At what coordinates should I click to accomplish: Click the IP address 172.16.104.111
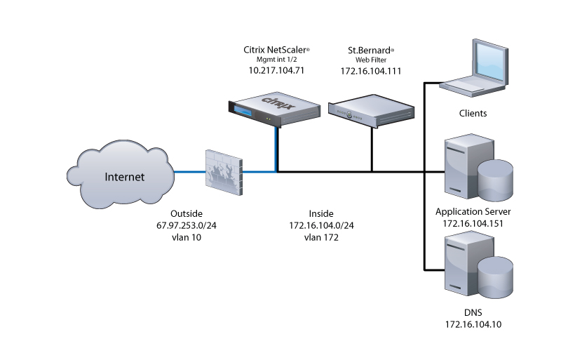click(x=371, y=72)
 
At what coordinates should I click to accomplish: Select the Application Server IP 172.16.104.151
click(x=473, y=223)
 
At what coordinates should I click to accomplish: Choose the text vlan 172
click(x=321, y=237)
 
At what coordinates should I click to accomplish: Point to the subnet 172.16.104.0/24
click(x=321, y=225)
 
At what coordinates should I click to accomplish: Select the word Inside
click(x=321, y=213)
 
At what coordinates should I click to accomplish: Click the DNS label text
click(x=473, y=313)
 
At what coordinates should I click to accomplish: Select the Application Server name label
click(x=473, y=211)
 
